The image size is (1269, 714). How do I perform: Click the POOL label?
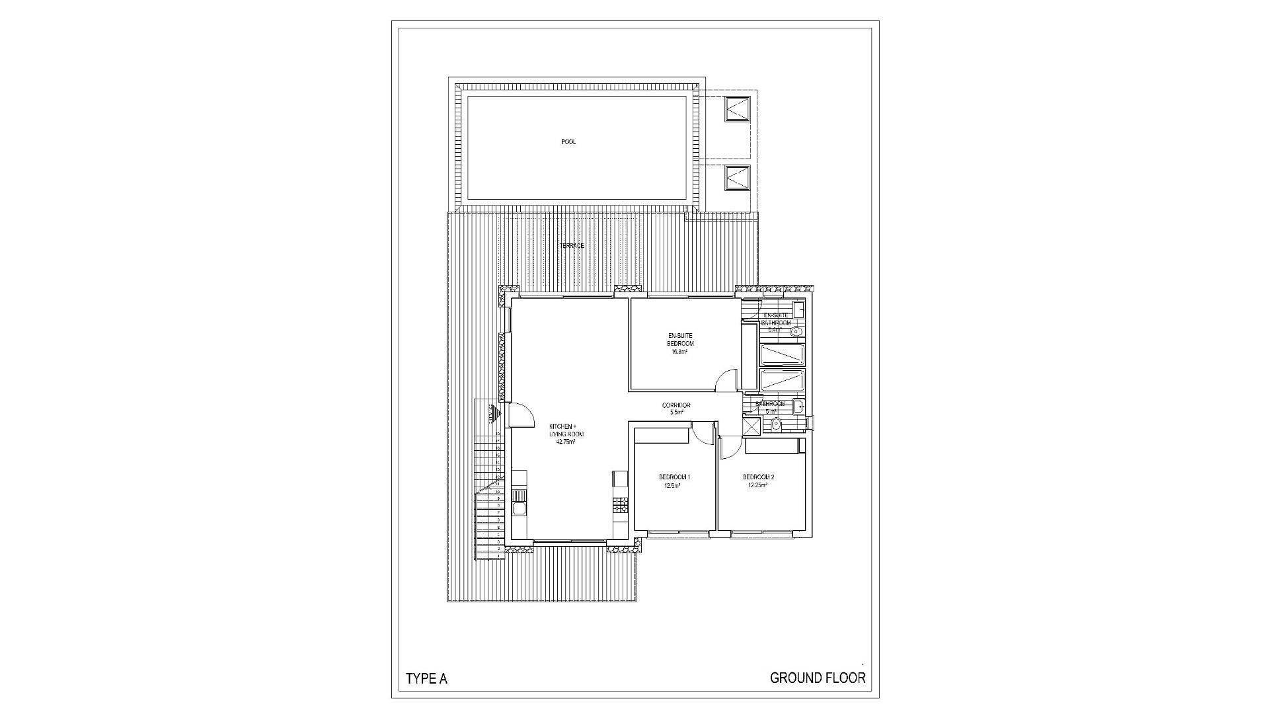[x=568, y=141]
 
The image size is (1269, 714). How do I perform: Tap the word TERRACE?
[x=572, y=246]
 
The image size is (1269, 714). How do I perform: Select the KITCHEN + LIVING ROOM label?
[x=566, y=430]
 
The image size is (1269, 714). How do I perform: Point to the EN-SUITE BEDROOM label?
[x=680, y=340]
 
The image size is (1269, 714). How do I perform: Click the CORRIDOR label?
[x=676, y=405]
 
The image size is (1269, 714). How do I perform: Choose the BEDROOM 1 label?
[x=674, y=477]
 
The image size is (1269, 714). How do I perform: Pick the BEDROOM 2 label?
[x=758, y=477]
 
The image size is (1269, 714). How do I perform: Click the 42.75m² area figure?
[x=566, y=442]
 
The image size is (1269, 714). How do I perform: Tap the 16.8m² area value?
[x=679, y=352]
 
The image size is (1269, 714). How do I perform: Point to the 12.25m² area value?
[x=757, y=485]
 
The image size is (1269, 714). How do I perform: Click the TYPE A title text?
[x=426, y=679]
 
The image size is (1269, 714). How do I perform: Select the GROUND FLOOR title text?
[x=818, y=678]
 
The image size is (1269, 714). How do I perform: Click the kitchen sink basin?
[x=519, y=508]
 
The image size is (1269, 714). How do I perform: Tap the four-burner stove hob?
[x=619, y=506]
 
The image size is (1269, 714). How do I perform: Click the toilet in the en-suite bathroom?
[x=796, y=331]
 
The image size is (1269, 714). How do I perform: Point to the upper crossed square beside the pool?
[x=737, y=109]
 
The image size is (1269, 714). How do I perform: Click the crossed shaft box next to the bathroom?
[x=752, y=424]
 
